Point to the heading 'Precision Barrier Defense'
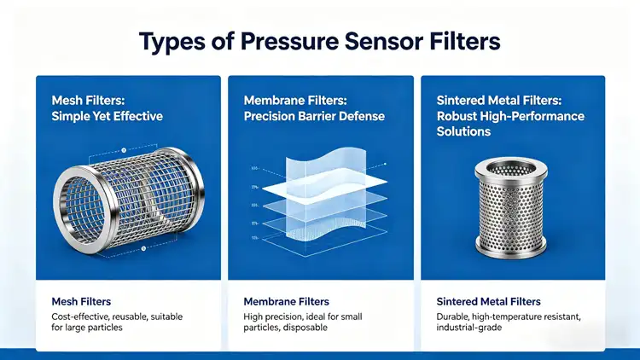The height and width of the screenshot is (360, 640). (314, 116)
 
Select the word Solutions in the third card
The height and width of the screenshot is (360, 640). (463, 131)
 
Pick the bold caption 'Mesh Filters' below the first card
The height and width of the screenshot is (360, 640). (81, 301)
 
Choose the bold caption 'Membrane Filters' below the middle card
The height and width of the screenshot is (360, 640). (286, 301)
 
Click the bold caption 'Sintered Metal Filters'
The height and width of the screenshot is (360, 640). (487, 301)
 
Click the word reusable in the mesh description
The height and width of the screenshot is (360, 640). (135, 316)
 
